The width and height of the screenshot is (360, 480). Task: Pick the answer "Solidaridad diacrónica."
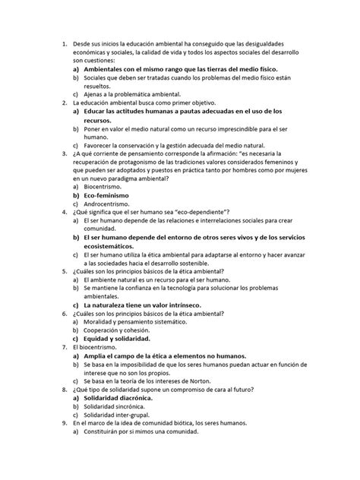121,397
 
